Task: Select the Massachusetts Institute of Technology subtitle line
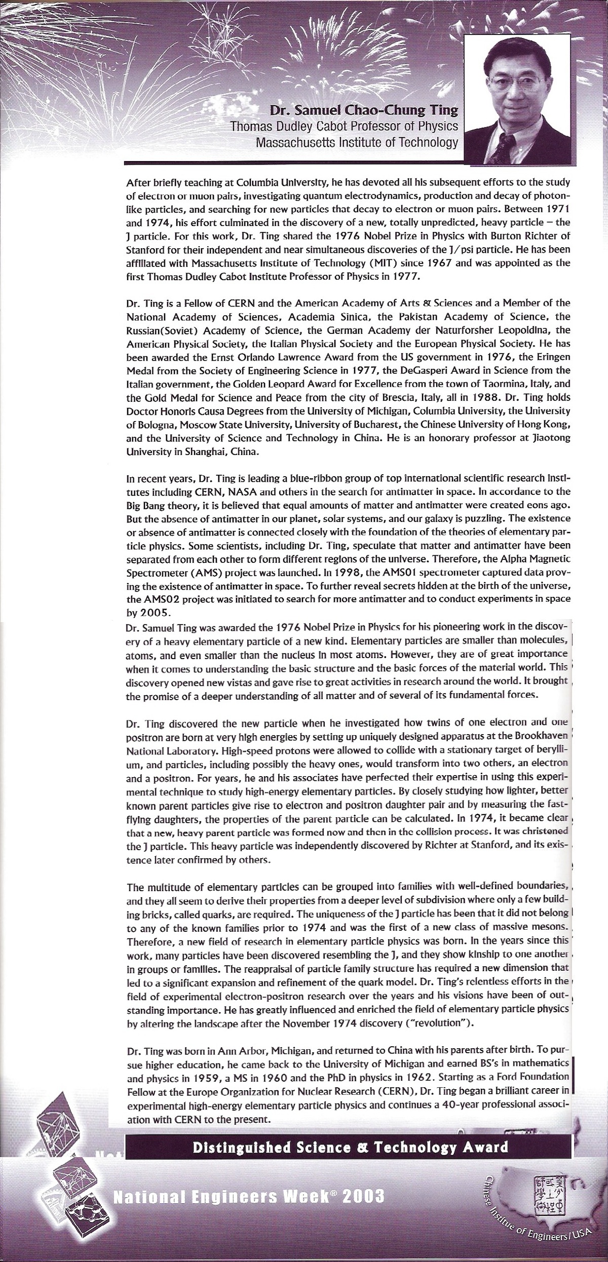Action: (357, 143)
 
